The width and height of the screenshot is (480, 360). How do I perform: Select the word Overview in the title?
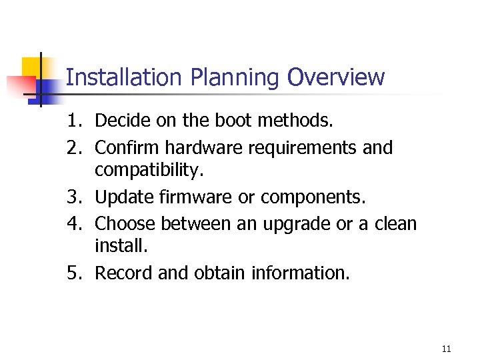coord(336,78)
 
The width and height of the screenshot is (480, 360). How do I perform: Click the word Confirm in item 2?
coord(127,147)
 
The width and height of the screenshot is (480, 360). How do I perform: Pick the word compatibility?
coord(147,172)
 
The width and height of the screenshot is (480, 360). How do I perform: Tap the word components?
coord(323,198)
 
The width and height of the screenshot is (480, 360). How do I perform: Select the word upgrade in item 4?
coord(297,223)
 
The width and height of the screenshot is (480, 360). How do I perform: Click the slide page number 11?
coord(446,349)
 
